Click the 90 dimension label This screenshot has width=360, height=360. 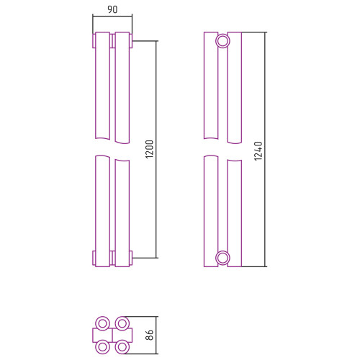[112, 9]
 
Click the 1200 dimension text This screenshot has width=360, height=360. [149, 149]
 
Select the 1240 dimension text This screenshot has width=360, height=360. [258, 151]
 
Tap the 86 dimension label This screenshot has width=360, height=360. [149, 335]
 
